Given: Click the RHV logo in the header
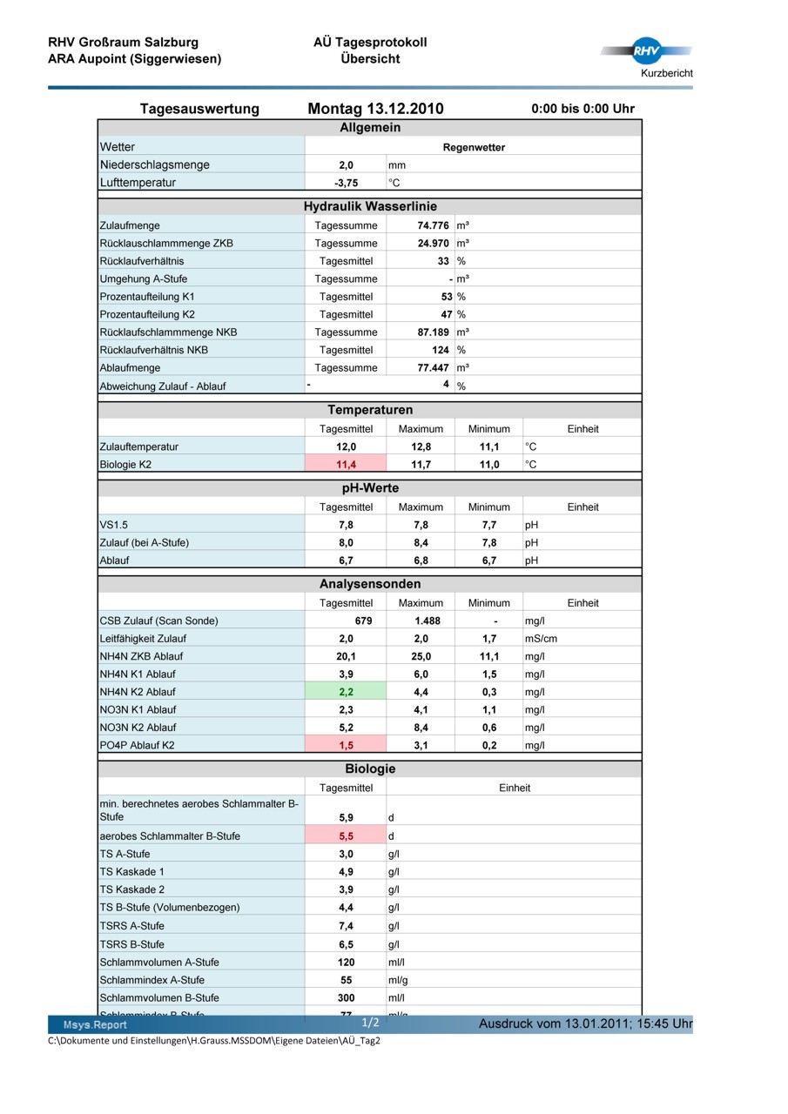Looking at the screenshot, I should [645, 51].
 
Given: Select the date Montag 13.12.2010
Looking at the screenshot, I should [375, 109].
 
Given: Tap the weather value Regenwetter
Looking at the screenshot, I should [474, 147].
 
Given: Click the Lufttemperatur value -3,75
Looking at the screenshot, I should [346, 183].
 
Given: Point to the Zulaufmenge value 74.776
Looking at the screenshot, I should [433, 225].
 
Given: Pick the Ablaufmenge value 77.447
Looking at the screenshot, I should [433, 368].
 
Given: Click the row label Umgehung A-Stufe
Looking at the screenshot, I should [144, 279].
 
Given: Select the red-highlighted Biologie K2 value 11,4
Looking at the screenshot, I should [346, 465].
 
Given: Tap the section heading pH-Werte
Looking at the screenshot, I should [370, 488].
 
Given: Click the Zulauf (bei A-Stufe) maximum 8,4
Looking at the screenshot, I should [421, 543].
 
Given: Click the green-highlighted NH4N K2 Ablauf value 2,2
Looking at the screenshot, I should [346, 693].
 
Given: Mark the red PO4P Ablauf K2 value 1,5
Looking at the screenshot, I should [346, 746].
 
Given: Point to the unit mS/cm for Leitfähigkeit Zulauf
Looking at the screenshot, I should [541, 639].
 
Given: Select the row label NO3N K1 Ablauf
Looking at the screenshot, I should [138, 710].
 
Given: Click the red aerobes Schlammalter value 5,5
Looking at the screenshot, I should [346, 836].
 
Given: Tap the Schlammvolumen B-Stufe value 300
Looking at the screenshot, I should [346, 998].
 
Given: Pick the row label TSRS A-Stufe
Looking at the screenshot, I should [131, 926].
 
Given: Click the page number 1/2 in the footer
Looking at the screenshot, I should [370, 1023].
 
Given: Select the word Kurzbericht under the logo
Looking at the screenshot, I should [667, 73].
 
